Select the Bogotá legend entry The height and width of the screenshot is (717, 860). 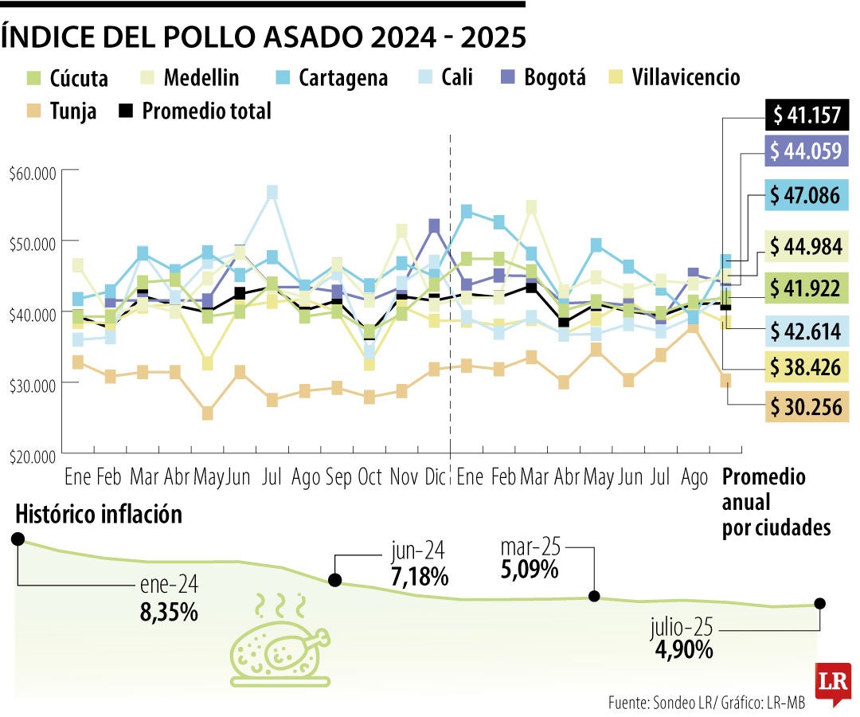coord(544,77)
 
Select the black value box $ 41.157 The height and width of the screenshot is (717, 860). coord(807,116)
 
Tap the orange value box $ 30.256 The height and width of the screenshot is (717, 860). coord(807,406)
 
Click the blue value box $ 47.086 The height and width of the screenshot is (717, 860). coord(807,196)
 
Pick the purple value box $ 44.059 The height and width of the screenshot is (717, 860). coord(807,151)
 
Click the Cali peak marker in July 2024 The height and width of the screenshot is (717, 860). coord(272,192)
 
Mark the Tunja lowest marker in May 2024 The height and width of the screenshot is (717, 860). coord(207,413)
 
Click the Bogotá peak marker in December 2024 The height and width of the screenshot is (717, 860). coord(435,225)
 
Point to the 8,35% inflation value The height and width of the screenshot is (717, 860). coord(166,613)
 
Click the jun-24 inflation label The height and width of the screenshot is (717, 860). coord(418,550)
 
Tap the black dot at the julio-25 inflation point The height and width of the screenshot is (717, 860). coord(820,604)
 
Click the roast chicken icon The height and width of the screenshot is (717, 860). coord(279,645)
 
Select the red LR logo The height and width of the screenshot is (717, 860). coord(831,682)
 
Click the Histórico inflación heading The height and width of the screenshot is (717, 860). coord(99,515)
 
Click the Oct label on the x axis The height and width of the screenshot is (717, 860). coord(369,478)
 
